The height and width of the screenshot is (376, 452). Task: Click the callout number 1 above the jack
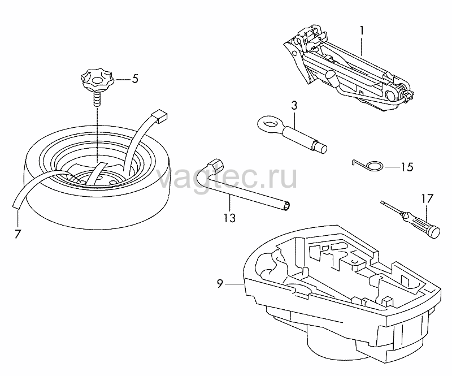362,31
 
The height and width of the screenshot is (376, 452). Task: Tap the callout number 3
294,105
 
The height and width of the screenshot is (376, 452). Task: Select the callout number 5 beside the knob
135,79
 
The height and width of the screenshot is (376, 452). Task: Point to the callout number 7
18,234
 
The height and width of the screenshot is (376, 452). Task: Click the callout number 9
220,284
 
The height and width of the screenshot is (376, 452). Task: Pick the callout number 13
230,218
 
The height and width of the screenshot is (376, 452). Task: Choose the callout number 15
407,167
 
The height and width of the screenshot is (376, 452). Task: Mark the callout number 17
428,198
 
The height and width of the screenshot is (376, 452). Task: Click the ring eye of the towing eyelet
270,124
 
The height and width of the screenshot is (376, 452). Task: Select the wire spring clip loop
375,166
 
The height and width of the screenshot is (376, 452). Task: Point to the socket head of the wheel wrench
216,165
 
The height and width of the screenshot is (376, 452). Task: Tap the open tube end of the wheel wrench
287,206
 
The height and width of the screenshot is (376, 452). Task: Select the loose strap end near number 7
18,201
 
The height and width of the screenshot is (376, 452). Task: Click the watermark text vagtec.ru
228,177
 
